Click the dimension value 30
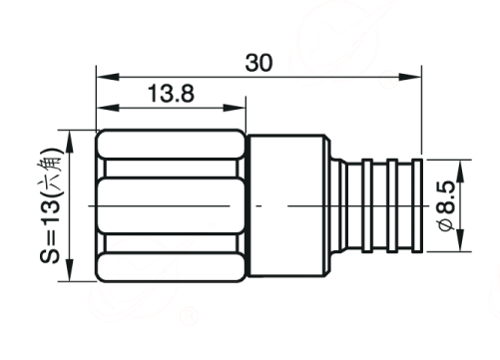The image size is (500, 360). [x=258, y=63]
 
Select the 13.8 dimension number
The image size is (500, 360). [x=171, y=94]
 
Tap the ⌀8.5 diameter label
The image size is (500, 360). [x=446, y=205]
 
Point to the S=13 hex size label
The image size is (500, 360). [x=51, y=205]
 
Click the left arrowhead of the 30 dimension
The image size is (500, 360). [x=108, y=77]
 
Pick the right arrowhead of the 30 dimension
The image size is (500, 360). [x=410, y=77]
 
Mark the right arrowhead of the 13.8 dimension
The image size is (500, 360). [x=235, y=108]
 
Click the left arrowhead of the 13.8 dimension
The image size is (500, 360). [x=108, y=108]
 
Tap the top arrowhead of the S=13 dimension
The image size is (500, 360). [x=70, y=142]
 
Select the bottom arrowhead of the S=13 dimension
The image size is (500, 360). [x=70, y=270]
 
